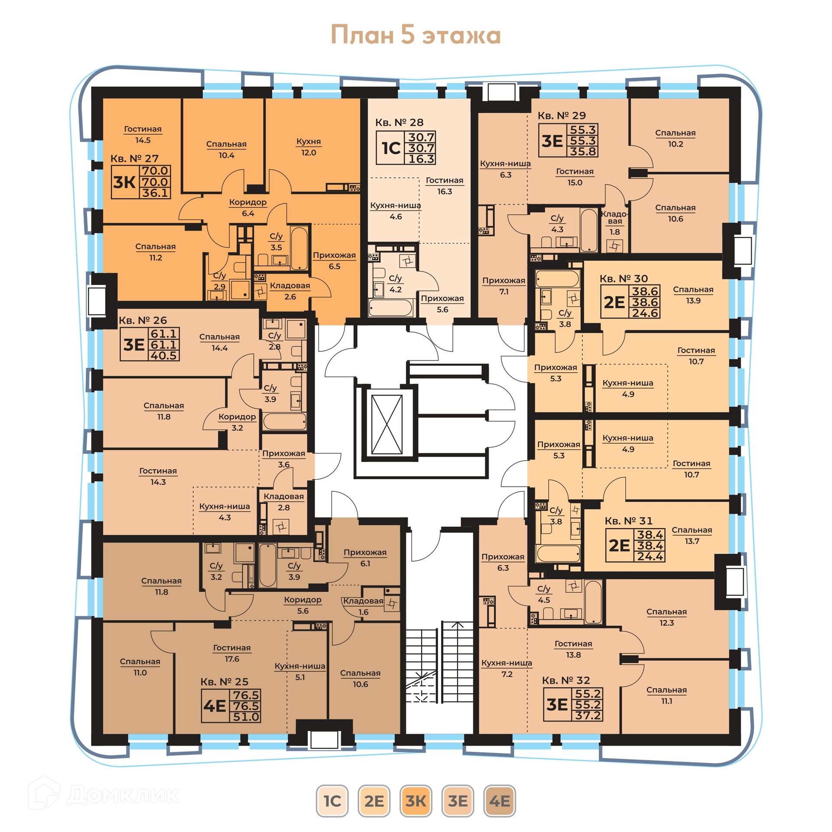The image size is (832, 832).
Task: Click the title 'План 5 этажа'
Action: click(x=416, y=35)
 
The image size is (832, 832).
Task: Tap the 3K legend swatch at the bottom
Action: click(x=416, y=801)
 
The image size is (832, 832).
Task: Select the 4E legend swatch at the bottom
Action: click(x=499, y=801)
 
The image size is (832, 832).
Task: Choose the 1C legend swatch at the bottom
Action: click(x=332, y=801)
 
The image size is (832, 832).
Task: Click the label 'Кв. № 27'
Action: click(x=134, y=159)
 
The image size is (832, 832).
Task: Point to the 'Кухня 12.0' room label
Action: click(x=309, y=147)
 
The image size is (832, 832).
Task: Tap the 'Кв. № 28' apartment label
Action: click(x=399, y=123)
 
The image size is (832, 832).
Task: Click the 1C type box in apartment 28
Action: click(x=391, y=148)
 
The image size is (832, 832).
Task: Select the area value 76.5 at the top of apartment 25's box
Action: click(x=246, y=695)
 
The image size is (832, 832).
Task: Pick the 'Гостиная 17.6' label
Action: click(x=232, y=653)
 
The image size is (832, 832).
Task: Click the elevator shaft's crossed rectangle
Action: click(x=387, y=425)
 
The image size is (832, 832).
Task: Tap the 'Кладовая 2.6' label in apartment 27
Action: click(x=290, y=291)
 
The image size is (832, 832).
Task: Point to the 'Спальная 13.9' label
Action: click(x=693, y=295)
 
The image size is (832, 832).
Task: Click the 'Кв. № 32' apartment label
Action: click(x=566, y=680)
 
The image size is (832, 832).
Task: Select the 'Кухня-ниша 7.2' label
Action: click(x=507, y=668)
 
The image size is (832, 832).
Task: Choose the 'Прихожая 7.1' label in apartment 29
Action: click(x=504, y=286)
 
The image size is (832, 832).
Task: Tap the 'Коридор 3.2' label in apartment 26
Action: click(x=237, y=422)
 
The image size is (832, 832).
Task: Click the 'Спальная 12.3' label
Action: click(x=666, y=617)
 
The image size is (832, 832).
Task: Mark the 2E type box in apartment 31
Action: click(x=620, y=545)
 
